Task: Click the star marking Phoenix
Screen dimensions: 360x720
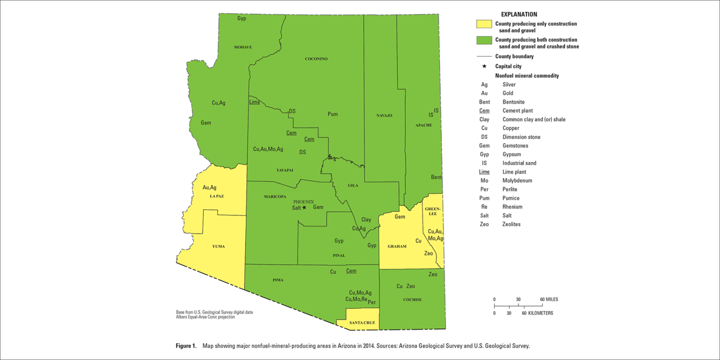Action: tap(304, 207)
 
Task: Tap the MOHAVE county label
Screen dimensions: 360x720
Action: tap(243, 47)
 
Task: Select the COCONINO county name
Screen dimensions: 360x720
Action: tap(316, 59)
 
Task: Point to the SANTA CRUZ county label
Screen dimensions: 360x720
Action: tap(362, 323)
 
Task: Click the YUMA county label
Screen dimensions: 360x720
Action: tap(218, 246)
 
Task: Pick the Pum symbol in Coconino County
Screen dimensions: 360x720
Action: tap(333, 114)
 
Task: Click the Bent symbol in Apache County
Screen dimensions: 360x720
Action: tap(436, 177)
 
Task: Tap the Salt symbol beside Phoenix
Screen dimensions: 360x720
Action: tap(296, 208)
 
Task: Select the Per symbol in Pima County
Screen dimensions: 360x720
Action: tap(372, 302)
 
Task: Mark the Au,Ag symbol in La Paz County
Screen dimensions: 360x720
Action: tap(210, 188)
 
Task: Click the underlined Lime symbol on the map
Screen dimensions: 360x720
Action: tap(254, 102)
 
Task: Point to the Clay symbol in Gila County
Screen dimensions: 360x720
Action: tap(366, 220)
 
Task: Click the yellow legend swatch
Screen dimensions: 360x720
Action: tap(484, 24)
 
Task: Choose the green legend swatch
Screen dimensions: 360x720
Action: tap(484, 40)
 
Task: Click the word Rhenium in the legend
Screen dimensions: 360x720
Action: tap(513, 207)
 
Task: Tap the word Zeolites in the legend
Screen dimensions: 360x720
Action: tap(512, 224)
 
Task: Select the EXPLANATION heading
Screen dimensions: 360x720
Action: tap(519, 15)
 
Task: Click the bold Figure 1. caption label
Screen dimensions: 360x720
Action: tap(186, 346)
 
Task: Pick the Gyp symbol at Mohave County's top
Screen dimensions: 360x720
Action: tap(241, 18)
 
